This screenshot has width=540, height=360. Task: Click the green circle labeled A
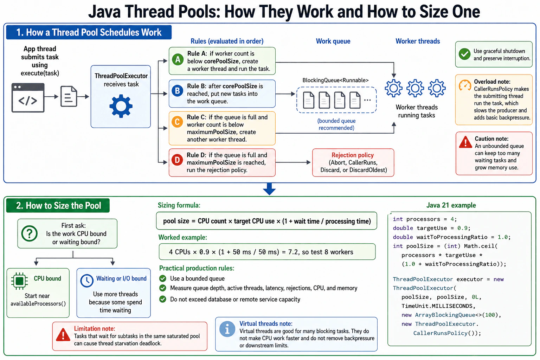point(178,59)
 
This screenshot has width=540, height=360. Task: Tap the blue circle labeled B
point(178,91)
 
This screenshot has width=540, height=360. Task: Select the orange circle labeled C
point(177,122)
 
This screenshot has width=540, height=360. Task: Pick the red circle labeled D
point(177,160)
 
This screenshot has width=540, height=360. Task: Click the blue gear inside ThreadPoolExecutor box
point(121,106)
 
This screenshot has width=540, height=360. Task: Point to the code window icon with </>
point(28,98)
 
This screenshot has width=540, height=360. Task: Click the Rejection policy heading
point(353,155)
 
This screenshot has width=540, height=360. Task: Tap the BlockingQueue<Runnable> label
point(335,80)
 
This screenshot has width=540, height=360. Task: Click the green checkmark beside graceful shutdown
point(464,54)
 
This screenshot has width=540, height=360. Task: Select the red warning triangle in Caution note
point(465,142)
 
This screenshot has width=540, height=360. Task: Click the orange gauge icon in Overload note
point(465,85)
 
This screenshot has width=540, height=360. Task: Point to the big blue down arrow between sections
point(269,189)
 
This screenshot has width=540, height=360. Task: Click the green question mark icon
point(30,233)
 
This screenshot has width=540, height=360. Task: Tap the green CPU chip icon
point(20,281)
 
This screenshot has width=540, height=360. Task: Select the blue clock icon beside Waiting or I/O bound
point(87,281)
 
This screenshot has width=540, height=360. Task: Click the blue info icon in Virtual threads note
point(227,329)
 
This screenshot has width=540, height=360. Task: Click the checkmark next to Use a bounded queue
point(163,278)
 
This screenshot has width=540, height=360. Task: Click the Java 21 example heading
point(451,205)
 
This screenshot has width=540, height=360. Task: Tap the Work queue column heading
point(333,41)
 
